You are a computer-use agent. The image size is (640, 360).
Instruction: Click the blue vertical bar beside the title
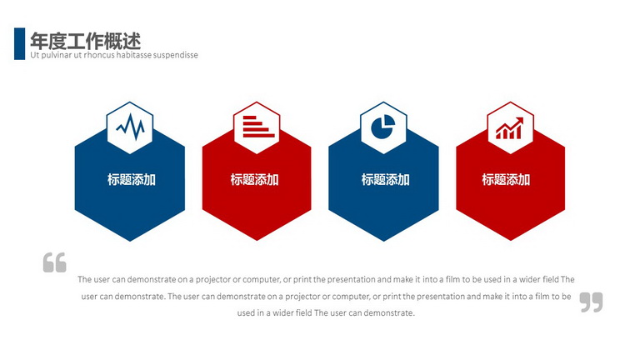pos(20,43)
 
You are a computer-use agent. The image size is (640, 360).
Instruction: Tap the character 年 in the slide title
pos(39,41)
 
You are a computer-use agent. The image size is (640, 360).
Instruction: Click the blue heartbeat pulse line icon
pos(130,127)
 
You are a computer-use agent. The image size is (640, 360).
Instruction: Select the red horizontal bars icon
pos(258,127)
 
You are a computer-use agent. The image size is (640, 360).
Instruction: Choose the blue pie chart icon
pos(382,127)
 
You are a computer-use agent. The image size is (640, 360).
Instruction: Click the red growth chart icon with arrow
pos(509,128)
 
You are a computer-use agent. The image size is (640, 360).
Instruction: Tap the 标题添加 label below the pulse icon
pos(132,180)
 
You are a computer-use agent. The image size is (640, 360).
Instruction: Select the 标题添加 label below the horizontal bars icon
pos(254,180)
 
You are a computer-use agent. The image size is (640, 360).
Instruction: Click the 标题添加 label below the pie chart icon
pos(385,180)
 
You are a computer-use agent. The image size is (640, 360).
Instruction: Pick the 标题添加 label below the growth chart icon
pos(506,180)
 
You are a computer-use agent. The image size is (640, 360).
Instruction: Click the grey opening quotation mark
pos(55,262)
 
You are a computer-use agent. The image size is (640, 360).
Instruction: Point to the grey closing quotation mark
pos(591,302)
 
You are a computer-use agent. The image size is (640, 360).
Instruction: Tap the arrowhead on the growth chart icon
pos(520,120)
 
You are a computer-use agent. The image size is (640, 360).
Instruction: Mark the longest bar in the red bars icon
pos(259,135)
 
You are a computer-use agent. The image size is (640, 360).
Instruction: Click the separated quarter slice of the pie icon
pos(389,121)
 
